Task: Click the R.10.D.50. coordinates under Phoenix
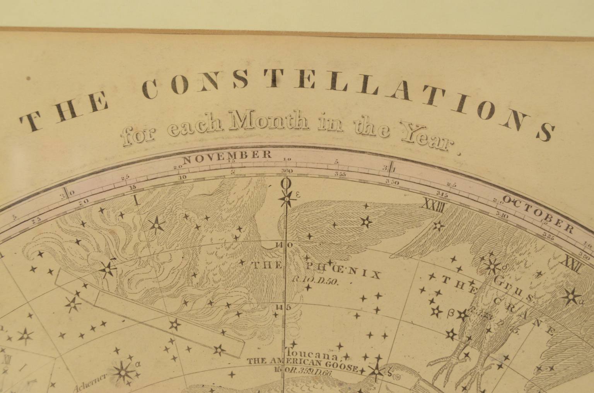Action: tap(315, 281)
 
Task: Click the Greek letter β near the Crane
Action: tap(450, 314)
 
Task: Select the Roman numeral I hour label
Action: tap(136, 199)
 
